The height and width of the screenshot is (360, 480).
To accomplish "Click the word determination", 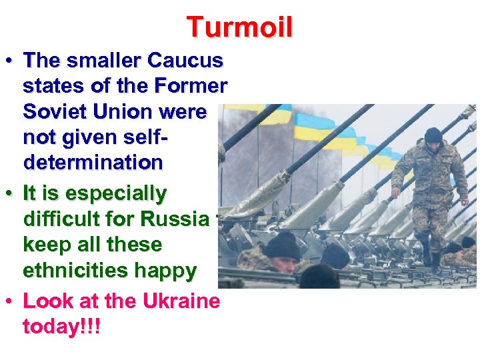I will tap(93, 162).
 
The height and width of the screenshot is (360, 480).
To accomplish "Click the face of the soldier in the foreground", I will tap(281, 264).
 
